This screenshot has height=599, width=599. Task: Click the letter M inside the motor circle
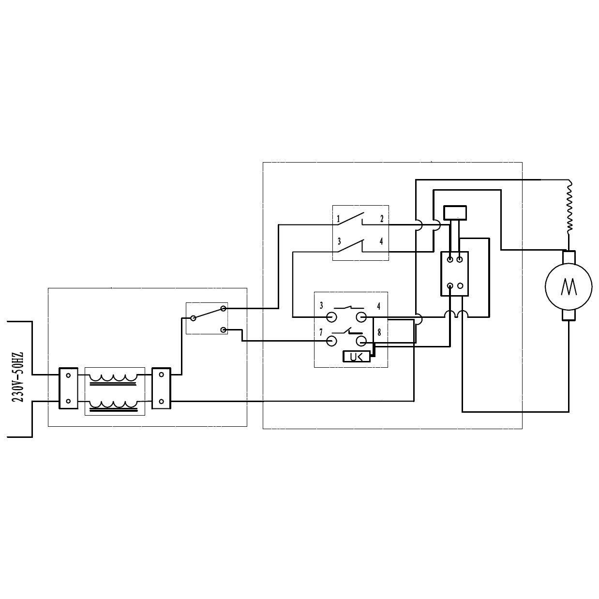coord(568,286)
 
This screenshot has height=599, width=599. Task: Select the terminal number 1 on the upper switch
coord(339,219)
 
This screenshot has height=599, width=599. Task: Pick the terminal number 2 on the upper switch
coord(382,219)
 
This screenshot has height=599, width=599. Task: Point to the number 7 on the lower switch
coord(321,332)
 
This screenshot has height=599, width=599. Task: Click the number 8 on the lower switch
coord(379,333)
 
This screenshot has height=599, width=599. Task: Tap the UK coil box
coord(356,357)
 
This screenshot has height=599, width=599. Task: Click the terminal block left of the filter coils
coord(68,388)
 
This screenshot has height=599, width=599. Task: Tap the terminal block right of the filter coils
coord(161,388)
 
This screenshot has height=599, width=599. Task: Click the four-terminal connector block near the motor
coord(455,273)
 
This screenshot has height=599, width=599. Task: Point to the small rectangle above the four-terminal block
coord(455,212)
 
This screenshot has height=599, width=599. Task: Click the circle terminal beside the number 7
coord(332,341)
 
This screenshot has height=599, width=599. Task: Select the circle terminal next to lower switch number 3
coord(332,317)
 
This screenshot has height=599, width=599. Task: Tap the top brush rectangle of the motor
coord(569,257)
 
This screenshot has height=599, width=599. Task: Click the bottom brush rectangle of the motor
coord(569,315)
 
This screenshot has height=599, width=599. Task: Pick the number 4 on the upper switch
coord(381,241)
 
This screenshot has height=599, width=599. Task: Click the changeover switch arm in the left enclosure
coord(208,313)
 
